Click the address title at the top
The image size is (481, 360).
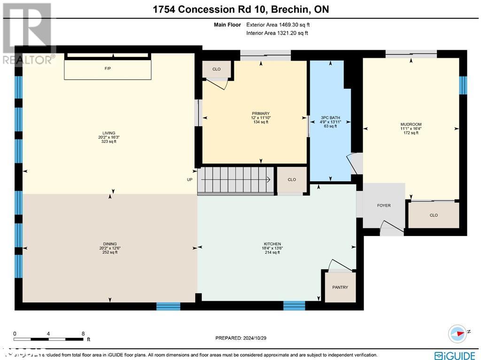(x=240, y=10)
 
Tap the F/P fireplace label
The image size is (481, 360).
(x=108, y=69)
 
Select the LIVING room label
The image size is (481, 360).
(x=107, y=133)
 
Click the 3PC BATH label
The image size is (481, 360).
(x=330, y=118)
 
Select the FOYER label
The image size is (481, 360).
(x=384, y=205)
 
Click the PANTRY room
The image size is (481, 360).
(x=340, y=287)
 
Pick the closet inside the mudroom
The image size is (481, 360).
(x=433, y=215)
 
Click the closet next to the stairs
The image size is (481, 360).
(x=292, y=180)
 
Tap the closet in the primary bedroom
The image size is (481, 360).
(x=216, y=70)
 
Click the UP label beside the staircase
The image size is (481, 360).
(x=190, y=180)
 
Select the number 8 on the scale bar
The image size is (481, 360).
(x=83, y=333)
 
